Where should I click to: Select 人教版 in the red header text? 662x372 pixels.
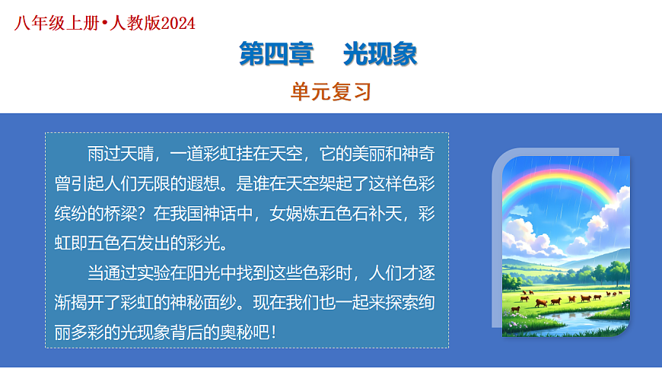(x=132, y=24)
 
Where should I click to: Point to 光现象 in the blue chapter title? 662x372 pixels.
(x=380, y=55)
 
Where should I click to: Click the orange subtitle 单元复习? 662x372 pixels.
(x=330, y=92)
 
